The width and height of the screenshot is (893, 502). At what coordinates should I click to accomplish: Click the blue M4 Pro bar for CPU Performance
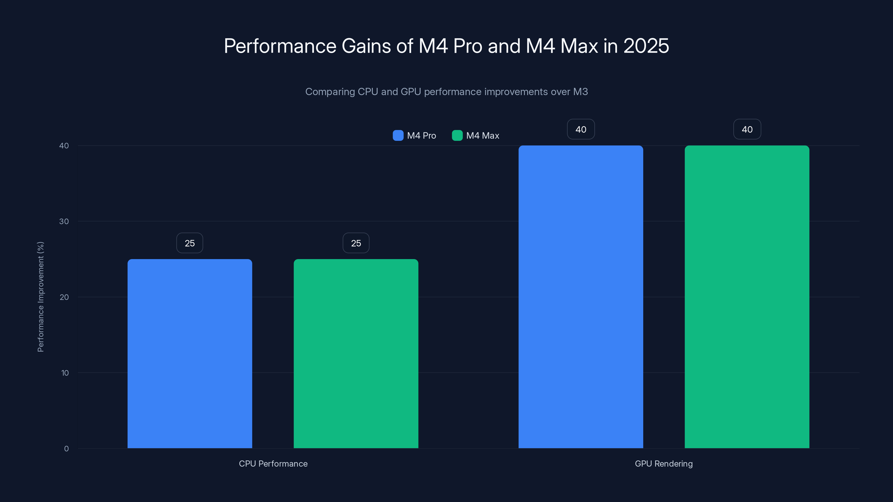[190, 353]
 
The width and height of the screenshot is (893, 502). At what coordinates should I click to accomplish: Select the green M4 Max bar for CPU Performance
[356, 353]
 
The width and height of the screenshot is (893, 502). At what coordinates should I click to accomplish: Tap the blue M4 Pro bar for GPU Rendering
[581, 296]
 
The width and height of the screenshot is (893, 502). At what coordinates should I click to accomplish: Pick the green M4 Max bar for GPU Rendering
[747, 296]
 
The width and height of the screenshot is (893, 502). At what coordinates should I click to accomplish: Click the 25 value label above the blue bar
[190, 243]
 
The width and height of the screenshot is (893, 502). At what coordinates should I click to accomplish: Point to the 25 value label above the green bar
[356, 243]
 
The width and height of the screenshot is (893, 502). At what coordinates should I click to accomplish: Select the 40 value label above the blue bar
[581, 129]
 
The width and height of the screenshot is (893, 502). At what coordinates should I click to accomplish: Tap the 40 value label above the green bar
[747, 129]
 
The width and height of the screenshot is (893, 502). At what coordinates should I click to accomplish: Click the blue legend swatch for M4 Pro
[398, 136]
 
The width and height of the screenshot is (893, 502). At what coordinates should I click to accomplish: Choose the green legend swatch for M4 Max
[457, 136]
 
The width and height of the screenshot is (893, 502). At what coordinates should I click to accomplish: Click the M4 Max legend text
[482, 136]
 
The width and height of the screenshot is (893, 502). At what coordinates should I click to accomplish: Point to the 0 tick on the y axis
[66, 449]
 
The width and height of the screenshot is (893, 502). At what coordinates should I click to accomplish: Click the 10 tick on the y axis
[65, 373]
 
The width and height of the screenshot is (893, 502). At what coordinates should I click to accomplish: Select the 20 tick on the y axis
[64, 297]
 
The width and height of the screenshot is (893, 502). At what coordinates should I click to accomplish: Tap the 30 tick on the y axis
[64, 221]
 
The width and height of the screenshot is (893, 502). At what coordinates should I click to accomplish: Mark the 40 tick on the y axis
[64, 146]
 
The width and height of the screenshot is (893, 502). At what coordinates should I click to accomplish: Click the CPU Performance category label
[273, 464]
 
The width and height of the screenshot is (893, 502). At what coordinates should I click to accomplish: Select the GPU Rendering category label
[664, 464]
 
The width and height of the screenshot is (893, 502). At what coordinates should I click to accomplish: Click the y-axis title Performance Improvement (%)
[40, 297]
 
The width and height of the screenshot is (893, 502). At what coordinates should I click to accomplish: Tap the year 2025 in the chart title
[646, 46]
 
